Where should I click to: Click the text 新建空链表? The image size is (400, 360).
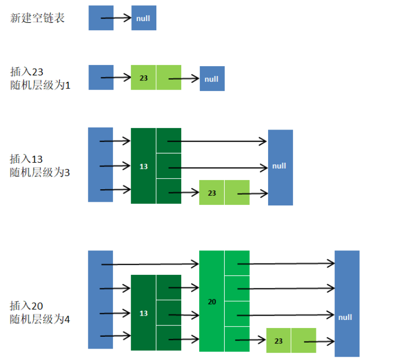pyautogui.click(x=37, y=18)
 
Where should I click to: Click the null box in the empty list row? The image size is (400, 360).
pyautogui.click(x=143, y=18)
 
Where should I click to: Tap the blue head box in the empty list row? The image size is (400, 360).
pyautogui.click(x=101, y=18)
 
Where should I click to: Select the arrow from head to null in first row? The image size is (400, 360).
pyautogui.click(x=116, y=18)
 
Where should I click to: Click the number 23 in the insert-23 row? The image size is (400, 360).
pyautogui.click(x=143, y=78)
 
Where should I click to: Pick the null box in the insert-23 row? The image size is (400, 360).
pyautogui.click(x=212, y=79)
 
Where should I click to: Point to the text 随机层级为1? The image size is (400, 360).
pyautogui.click(x=40, y=86)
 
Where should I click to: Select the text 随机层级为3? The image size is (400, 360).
pyautogui.click(x=40, y=173)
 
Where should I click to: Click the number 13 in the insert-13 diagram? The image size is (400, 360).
pyautogui.click(x=143, y=166)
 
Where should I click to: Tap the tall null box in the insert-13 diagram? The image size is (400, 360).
pyautogui.click(x=280, y=166)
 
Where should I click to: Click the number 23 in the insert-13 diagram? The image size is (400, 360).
pyautogui.click(x=212, y=193)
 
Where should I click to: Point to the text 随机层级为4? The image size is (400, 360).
pyautogui.click(x=40, y=319)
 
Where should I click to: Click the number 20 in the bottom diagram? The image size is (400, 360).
pyautogui.click(x=212, y=301)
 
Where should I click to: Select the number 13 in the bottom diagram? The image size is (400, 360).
pyautogui.click(x=143, y=313)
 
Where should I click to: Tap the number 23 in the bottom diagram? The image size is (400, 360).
pyautogui.click(x=278, y=341)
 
